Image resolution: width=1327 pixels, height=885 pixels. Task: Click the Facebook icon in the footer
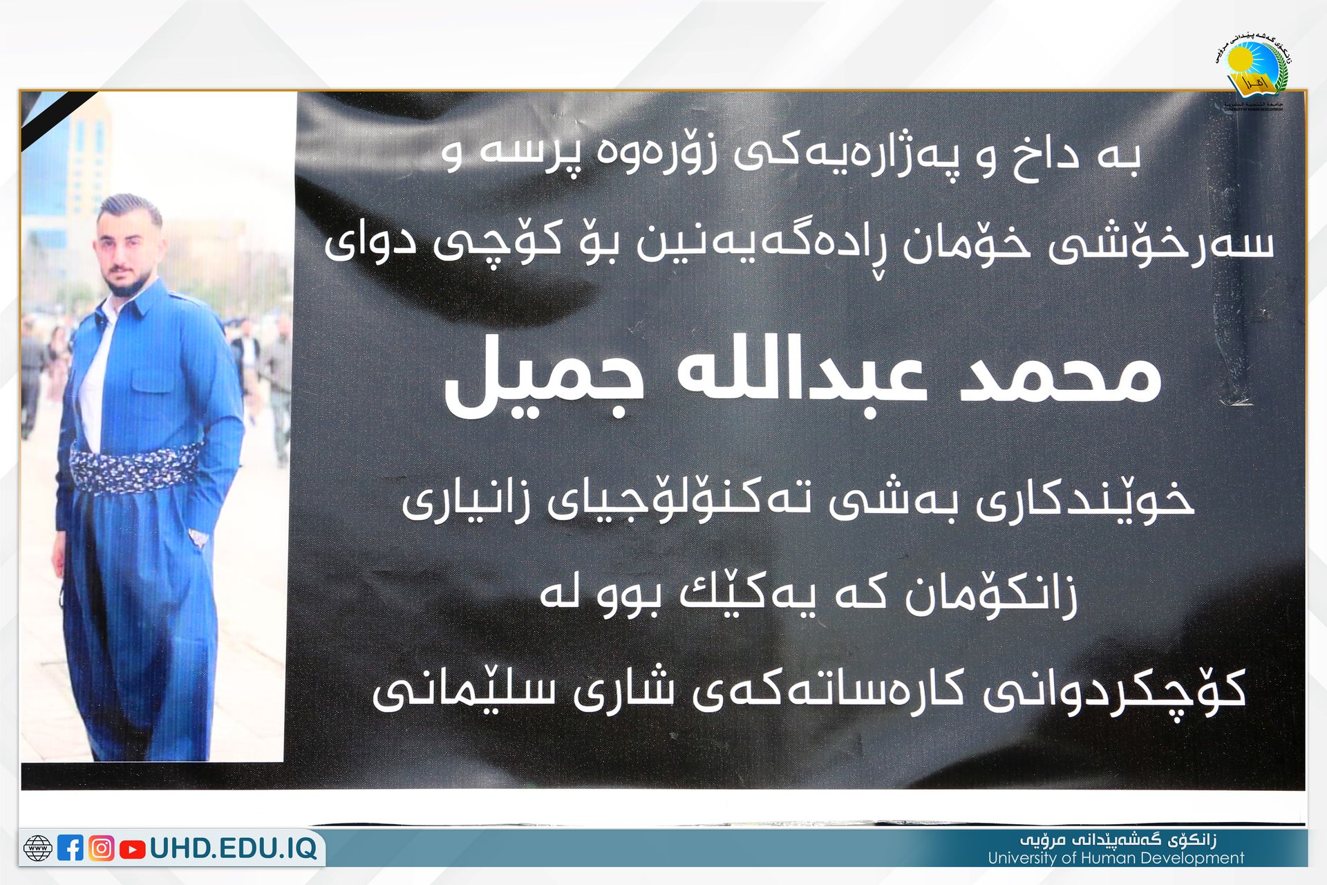pos(70,848)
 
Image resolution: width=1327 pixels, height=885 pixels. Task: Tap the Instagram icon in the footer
pos(102,848)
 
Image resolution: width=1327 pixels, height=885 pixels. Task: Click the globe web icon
pos(37,848)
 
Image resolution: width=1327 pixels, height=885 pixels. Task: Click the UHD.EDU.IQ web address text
pos(234,848)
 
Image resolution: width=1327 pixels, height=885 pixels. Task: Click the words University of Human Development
pos(1116,859)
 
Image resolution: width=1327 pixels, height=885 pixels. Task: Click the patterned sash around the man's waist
pos(136,469)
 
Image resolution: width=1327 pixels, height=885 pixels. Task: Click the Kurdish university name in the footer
pos(1118,840)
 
